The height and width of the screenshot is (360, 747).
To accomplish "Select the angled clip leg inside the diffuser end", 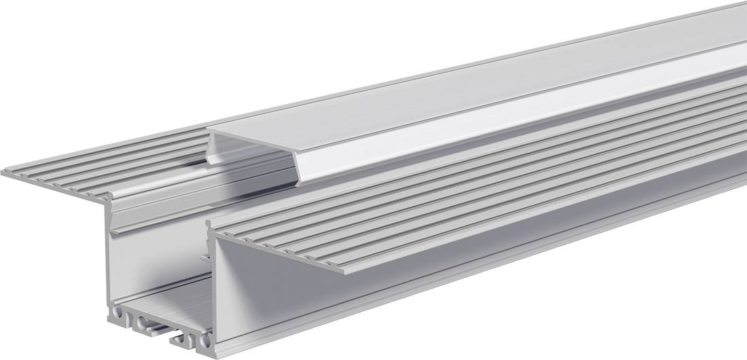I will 216,147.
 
